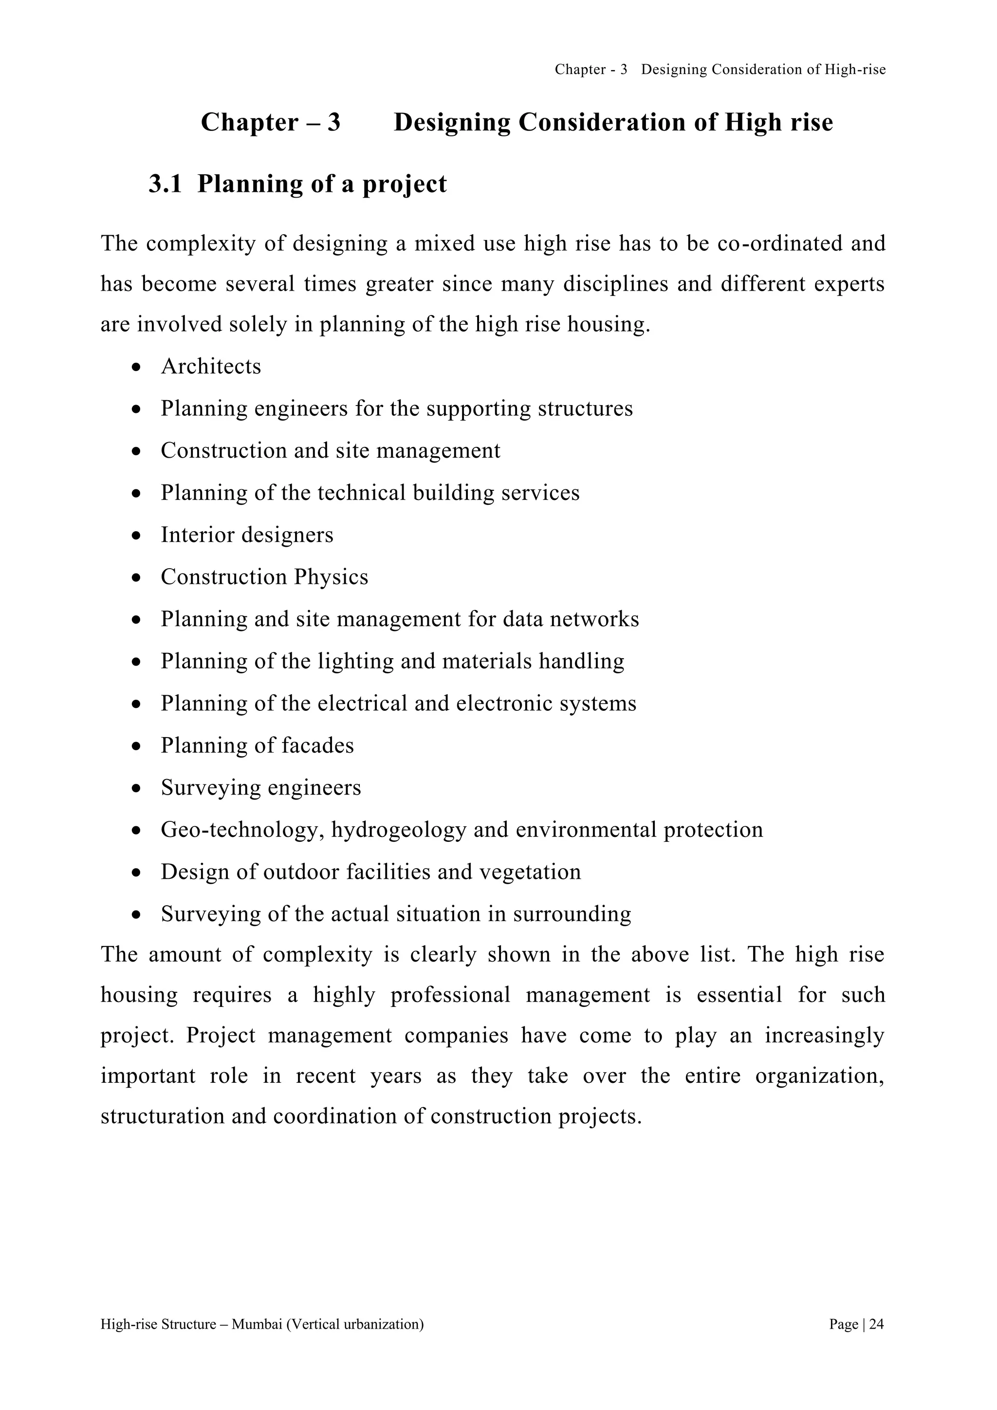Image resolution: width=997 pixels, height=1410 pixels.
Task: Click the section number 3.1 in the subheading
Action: coord(165,184)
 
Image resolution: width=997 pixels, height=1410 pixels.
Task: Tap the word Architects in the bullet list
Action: coord(211,367)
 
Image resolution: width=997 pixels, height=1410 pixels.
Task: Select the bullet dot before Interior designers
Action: coord(137,536)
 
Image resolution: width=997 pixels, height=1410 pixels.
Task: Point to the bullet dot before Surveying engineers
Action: coord(137,789)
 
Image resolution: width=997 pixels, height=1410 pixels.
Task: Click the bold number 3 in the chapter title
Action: coord(333,123)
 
